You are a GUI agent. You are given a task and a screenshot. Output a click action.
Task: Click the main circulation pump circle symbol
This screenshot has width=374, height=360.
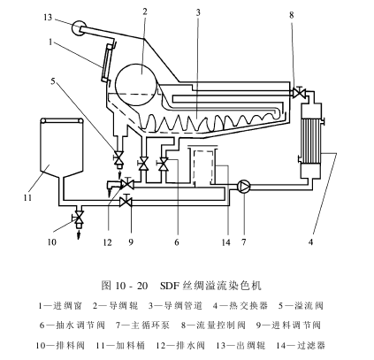click(244, 186)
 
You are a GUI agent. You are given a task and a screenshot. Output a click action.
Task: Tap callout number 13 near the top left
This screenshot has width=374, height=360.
click(48, 18)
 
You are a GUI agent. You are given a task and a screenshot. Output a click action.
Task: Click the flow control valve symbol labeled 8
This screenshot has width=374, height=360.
click(299, 92)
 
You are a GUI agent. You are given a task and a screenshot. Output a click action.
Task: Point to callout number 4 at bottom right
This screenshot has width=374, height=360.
click(310, 242)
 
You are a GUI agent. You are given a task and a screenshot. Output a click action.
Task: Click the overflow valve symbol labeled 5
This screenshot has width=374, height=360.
click(119, 157)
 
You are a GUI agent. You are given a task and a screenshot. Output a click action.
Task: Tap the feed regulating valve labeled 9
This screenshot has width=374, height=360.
click(126, 201)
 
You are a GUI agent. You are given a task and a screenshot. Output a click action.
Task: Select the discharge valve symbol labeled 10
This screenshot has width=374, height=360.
click(78, 217)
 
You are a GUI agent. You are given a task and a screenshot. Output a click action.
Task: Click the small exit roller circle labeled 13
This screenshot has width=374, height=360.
click(79, 28)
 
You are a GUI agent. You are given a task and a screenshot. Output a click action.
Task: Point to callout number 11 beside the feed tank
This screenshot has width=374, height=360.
click(27, 197)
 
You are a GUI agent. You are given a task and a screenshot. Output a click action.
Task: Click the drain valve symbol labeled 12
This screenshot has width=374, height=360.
click(127, 184)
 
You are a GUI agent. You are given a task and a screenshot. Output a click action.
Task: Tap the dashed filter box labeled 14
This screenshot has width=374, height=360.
click(202, 166)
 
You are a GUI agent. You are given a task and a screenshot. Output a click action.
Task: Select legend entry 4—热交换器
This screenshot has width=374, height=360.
click(240, 306)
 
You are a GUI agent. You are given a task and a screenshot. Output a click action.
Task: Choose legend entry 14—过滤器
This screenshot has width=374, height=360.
click(301, 345)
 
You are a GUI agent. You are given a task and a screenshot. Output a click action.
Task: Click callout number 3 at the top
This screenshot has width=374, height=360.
click(198, 12)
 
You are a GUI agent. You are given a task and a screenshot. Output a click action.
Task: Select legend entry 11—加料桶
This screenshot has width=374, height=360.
click(120, 345)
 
